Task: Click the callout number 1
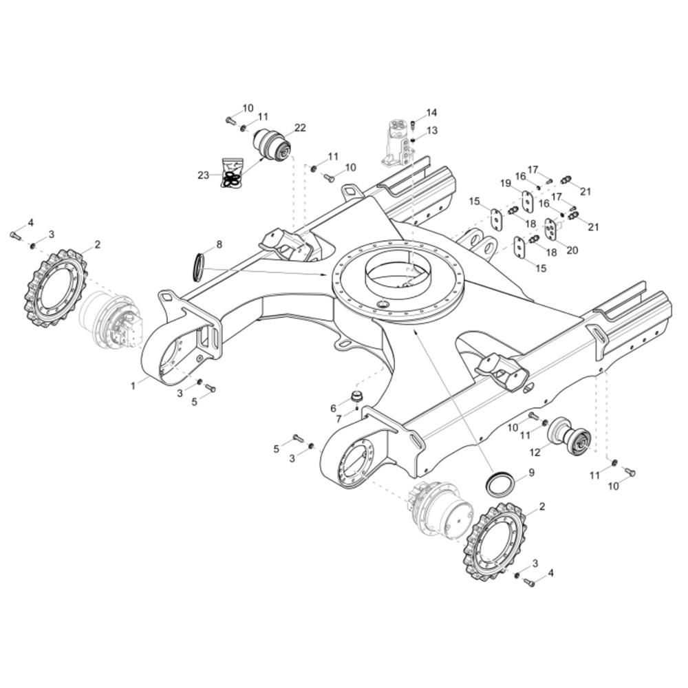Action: [133, 386]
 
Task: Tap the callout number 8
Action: [219, 244]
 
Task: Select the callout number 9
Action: [531, 473]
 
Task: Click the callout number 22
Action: [300, 128]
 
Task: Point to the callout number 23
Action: [203, 175]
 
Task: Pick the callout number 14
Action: [432, 113]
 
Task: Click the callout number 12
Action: [535, 453]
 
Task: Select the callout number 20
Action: [572, 250]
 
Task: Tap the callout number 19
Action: [506, 183]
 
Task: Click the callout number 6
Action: [334, 409]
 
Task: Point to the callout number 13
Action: [432, 130]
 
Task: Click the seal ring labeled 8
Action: [200, 266]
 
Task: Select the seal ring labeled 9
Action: [499, 482]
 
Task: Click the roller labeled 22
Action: [273, 145]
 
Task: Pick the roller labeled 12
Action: [570, 438]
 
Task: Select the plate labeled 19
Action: [528, 202]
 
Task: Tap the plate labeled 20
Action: [550, 228]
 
